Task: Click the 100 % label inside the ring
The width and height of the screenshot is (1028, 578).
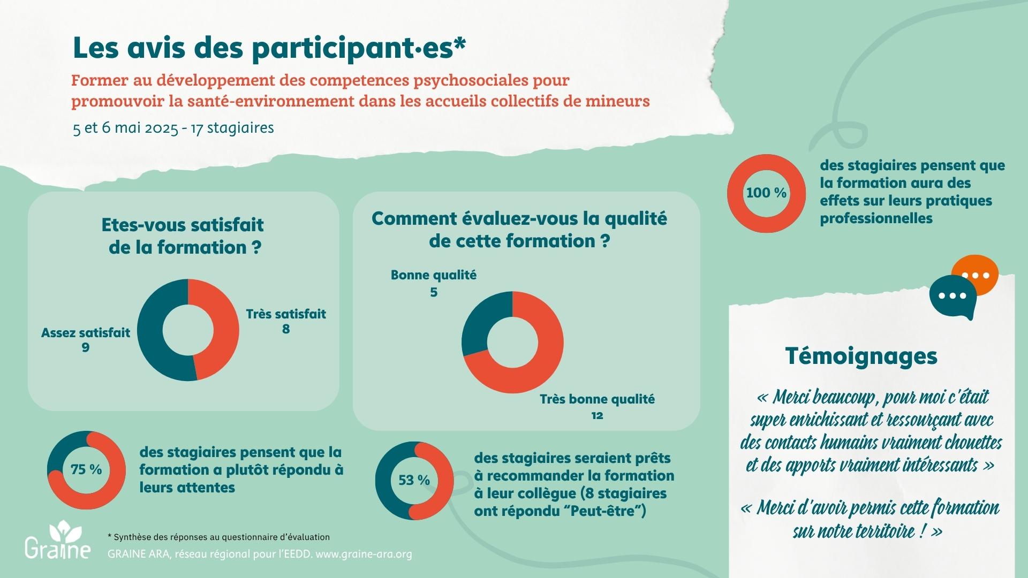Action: [766, 193]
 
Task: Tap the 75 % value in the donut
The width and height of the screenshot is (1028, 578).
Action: [86, 469]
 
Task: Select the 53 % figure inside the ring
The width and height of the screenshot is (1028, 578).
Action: [414, 481]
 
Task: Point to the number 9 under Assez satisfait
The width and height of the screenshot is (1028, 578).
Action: [86, 348]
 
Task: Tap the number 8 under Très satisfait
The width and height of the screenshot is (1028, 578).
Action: [286, 329]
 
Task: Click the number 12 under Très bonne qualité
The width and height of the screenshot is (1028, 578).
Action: [597, 415]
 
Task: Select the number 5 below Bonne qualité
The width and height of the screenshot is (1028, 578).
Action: [434, 292]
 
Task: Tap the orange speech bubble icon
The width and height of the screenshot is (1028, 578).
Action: [980, 273]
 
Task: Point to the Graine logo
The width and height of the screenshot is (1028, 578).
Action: [58, 541]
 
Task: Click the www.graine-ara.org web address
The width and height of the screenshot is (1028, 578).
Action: [364, 554]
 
